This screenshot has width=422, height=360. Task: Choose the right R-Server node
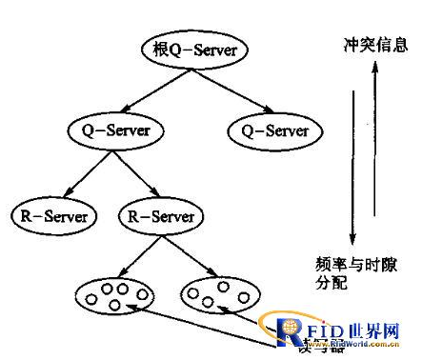pyautogui.click(x=160, y=216)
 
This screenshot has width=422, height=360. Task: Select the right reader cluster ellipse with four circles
pyautogui.click(x=219, y=292)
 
